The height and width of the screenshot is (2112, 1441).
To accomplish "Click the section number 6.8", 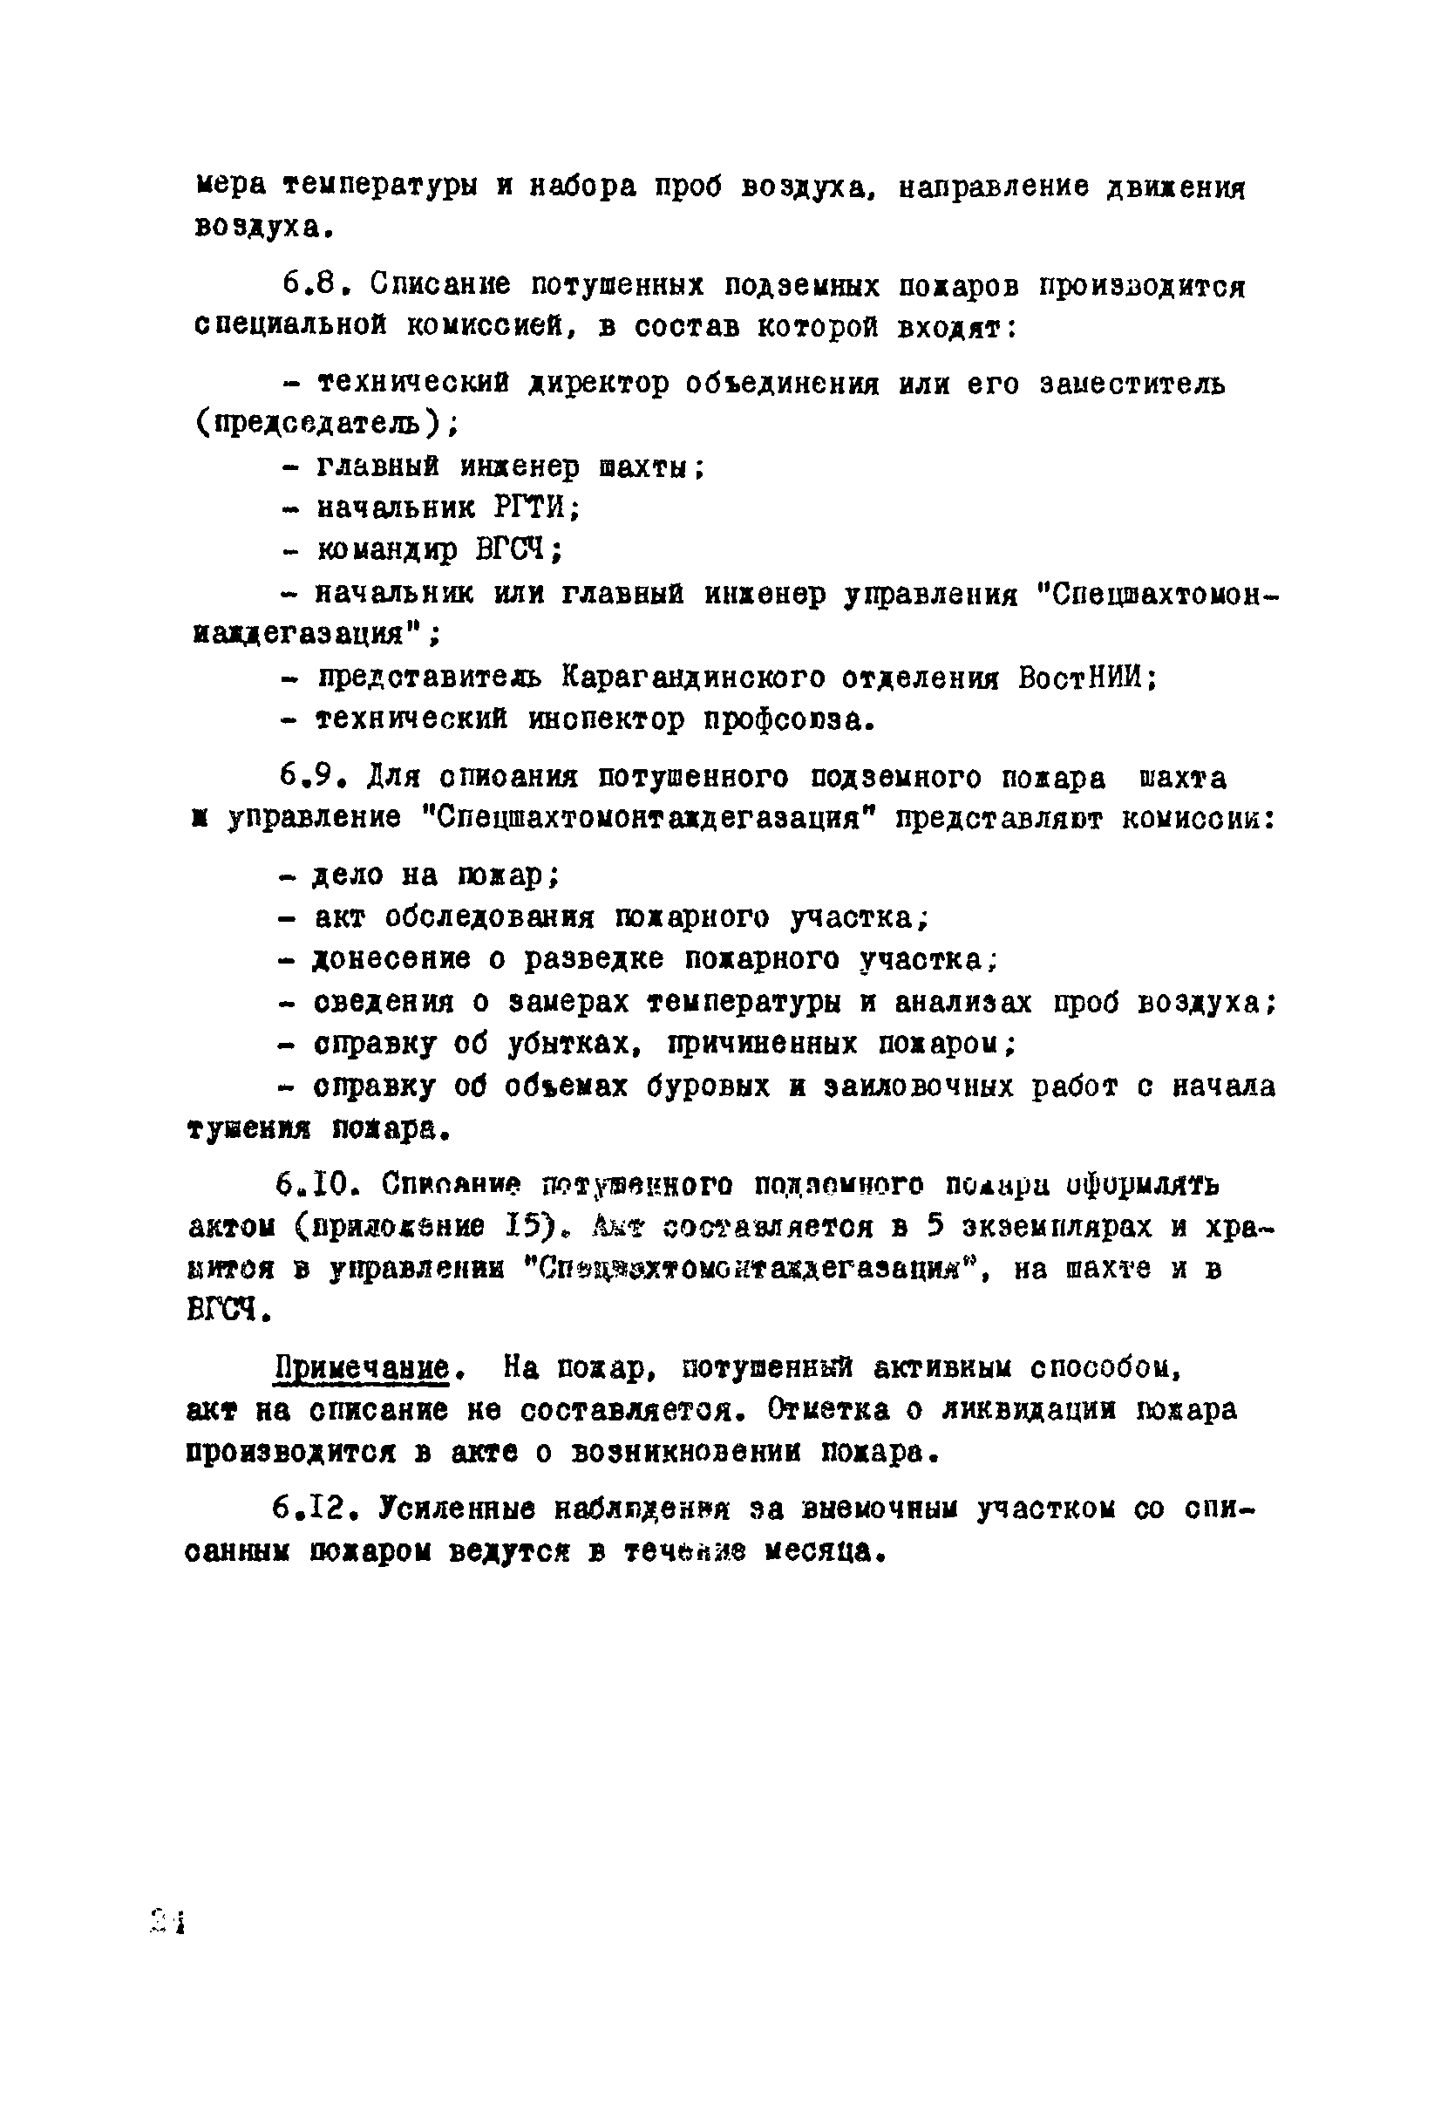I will pos(314,285).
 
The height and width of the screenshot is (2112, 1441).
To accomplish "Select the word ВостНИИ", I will pos(1083,678).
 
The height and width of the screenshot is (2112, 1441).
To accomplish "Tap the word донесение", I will pos(391,960).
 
